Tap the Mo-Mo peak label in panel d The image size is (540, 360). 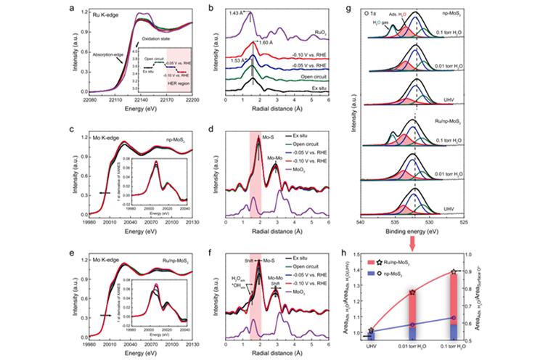(x=274, y=157)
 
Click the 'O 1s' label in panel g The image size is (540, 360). (x=370, y=12)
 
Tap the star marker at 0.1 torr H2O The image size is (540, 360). (x=454, y=271)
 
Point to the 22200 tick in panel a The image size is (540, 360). (x=192, y=105)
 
